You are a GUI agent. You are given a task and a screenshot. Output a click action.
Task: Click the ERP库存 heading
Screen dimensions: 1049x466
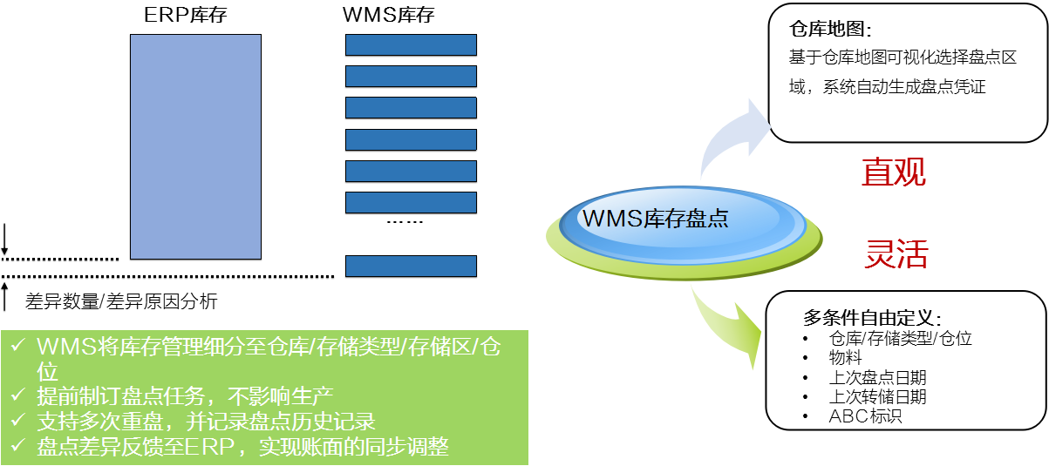(x=186, y=15)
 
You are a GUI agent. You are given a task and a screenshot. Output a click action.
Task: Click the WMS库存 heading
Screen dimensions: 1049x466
(x=389, y=15)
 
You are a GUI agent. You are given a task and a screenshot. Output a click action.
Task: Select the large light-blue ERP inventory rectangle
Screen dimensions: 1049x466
(x=195, y=146)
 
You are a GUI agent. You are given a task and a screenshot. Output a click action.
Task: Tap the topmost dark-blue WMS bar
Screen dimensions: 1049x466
(x=412, y=45)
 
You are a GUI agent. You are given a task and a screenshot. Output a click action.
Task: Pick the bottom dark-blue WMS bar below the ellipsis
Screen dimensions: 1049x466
(x=412, y=267)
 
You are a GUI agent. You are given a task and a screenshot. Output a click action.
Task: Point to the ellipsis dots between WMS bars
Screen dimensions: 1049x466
(x=405, y=222)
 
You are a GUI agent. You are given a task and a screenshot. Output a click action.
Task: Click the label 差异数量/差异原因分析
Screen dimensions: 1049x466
(x=121, y=301)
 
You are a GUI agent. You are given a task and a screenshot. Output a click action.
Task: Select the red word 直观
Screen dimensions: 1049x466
(x=894, y=172)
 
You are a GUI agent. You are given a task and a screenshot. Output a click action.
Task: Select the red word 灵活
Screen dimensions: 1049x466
(x=896, y=253)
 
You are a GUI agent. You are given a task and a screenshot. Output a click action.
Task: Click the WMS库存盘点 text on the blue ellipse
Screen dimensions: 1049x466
(x=655, y=219)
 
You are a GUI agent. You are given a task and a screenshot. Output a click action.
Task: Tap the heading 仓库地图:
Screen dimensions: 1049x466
(x=830, y=29)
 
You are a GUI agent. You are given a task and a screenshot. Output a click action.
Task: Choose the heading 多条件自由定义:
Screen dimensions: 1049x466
(x=872, y=318)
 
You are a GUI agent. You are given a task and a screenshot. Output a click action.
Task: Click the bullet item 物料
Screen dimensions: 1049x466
(x=845, y=358)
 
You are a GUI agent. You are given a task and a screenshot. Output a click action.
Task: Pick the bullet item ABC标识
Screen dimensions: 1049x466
(x=865, y=416)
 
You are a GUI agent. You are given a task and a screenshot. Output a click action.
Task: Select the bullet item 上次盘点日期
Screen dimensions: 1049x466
(x=877, y=377)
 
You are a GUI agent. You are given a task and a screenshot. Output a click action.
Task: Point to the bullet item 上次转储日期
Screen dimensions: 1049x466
(x=877, y=397)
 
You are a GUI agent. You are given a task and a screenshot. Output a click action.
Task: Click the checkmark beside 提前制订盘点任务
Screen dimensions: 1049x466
(x=17, y=395)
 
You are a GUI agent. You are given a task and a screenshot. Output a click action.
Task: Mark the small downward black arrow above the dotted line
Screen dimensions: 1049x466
(x=4, y=239)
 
